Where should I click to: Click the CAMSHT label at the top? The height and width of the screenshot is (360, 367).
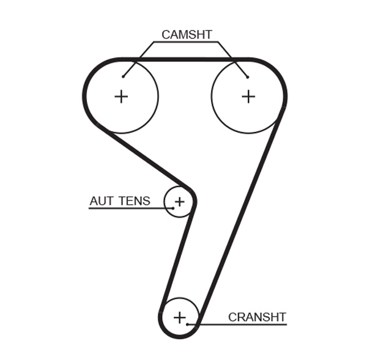point(187,35)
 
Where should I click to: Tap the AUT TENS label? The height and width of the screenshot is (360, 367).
point(120,201)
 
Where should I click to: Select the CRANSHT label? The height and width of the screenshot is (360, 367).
point(257,317)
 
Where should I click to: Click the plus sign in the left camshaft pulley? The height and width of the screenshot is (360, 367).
point(121,96)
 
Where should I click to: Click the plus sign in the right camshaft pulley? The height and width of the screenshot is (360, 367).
point(248,96)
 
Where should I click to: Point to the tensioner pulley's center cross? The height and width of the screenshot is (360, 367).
point(179,201)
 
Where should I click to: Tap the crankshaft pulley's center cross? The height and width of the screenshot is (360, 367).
point(179,317)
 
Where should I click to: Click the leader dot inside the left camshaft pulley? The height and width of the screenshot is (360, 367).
point(123,76)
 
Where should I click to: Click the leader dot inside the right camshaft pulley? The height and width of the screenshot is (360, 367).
point(248,76)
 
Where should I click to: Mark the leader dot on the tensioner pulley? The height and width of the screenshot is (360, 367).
point(173,208)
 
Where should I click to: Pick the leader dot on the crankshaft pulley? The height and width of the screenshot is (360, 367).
point(187,324)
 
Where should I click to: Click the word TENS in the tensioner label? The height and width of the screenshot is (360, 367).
point(135,201)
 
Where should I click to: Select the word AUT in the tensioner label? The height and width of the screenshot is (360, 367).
point(102,201)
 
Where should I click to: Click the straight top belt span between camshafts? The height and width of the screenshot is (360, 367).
point(183,59)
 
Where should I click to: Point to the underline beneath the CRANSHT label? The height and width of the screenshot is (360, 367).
point(245,325)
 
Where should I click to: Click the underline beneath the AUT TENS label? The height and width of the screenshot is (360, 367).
point(122,208)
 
